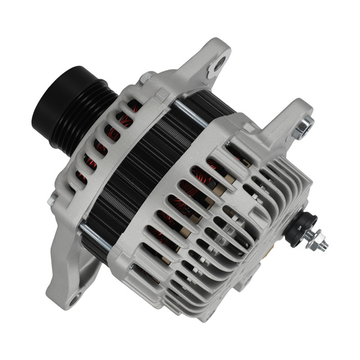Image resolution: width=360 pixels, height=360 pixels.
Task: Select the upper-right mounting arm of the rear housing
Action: (282, 129)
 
